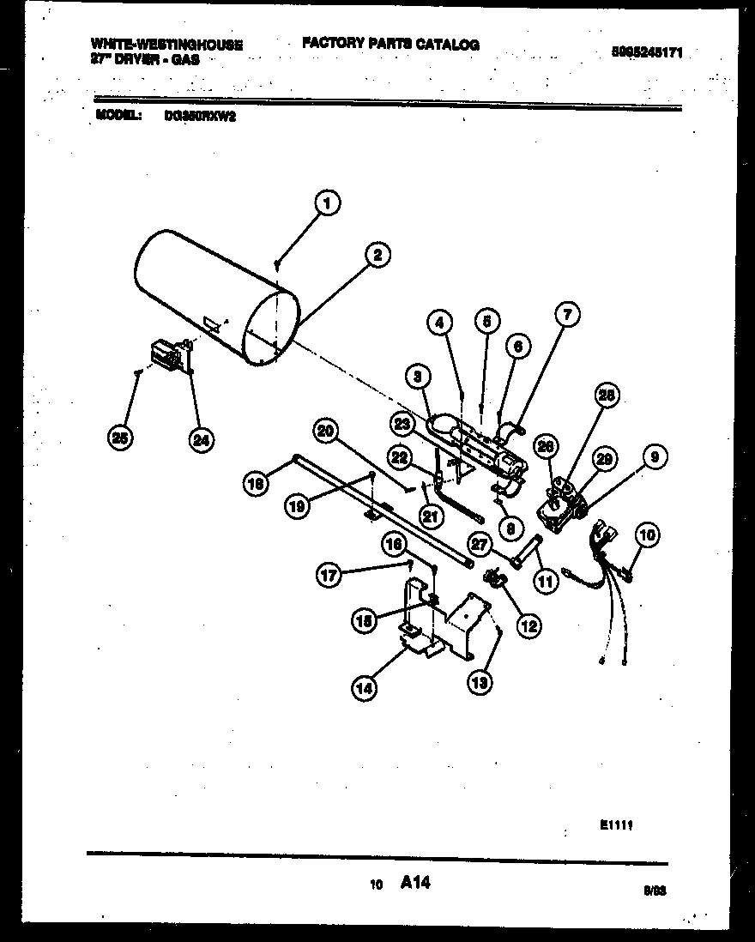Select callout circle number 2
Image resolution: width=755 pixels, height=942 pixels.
click(x=376, y=254)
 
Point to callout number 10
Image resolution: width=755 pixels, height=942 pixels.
click(x=647, y=534)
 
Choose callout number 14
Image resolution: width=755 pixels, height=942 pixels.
click(x=365, y=685)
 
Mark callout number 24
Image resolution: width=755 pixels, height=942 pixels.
click(x=202, y=439)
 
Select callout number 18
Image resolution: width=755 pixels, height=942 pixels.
click(x=256, y=483)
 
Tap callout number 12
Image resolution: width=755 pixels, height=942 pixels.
click(x=528, y=626)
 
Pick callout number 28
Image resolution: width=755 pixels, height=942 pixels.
click(x=607, y=396)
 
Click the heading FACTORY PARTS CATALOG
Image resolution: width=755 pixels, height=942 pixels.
click(x=390, y=45)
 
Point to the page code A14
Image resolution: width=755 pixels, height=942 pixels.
click(x=415, y=881)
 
